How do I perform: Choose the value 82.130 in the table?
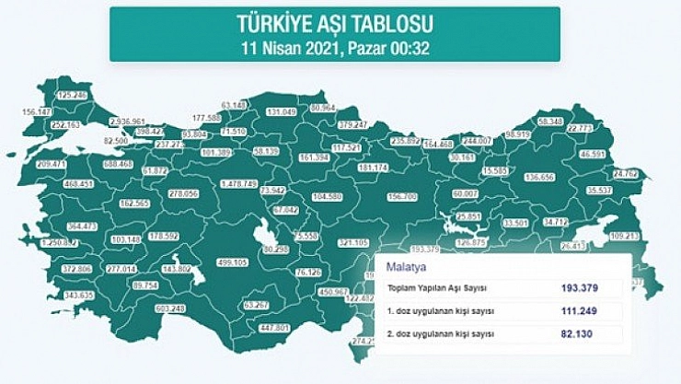pos(581,333)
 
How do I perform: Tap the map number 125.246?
pos(72,95)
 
